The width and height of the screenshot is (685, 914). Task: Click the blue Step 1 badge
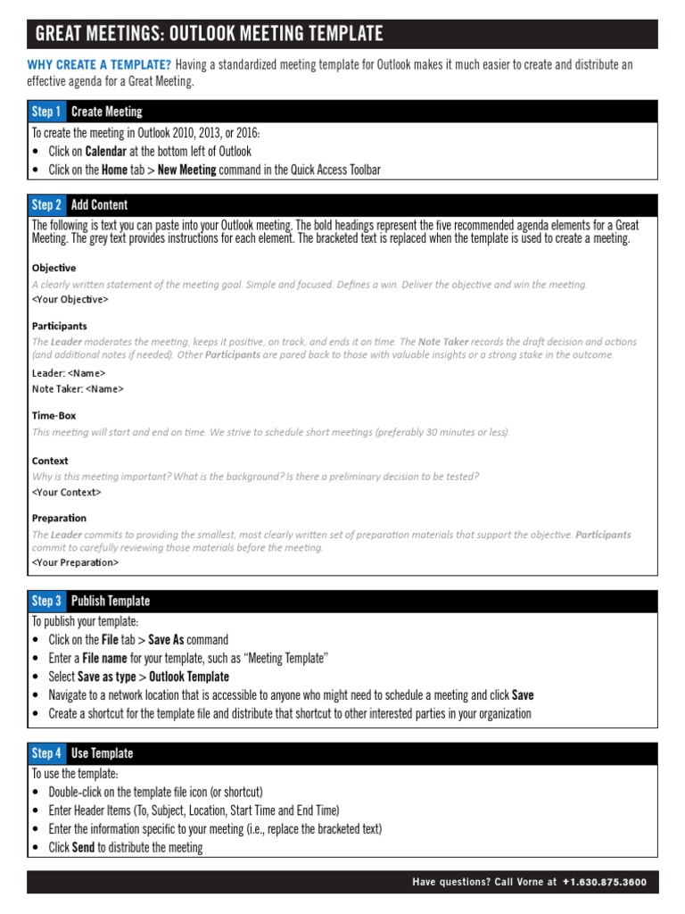pos(46,112)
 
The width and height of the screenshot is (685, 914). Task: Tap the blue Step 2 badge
pos(46,204)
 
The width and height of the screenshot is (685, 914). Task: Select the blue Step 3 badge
pos(46,601)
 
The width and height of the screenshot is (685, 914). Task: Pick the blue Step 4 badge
pos(46,753)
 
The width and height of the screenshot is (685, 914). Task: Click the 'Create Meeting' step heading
pos(106,112)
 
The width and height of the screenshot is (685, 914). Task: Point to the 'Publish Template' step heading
pos(111,601)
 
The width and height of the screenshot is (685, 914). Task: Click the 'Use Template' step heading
pos(102,753)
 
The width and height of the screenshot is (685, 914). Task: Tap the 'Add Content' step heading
pos(99,204)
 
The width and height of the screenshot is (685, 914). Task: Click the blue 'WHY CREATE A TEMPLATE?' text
pos(99,64)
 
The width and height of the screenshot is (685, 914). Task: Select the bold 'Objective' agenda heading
pos(54,268)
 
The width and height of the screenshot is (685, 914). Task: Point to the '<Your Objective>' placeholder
pos(70,299)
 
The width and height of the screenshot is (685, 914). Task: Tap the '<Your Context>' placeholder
pos(66,492)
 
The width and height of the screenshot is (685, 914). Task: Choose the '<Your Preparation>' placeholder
pos(75,562)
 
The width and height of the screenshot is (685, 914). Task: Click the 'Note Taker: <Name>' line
pos(78,388)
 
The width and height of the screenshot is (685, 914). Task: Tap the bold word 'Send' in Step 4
pos(83,847)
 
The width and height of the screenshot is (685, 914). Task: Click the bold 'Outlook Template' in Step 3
pos(189,677)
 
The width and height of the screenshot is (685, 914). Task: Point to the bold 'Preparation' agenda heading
pos(59,518)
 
